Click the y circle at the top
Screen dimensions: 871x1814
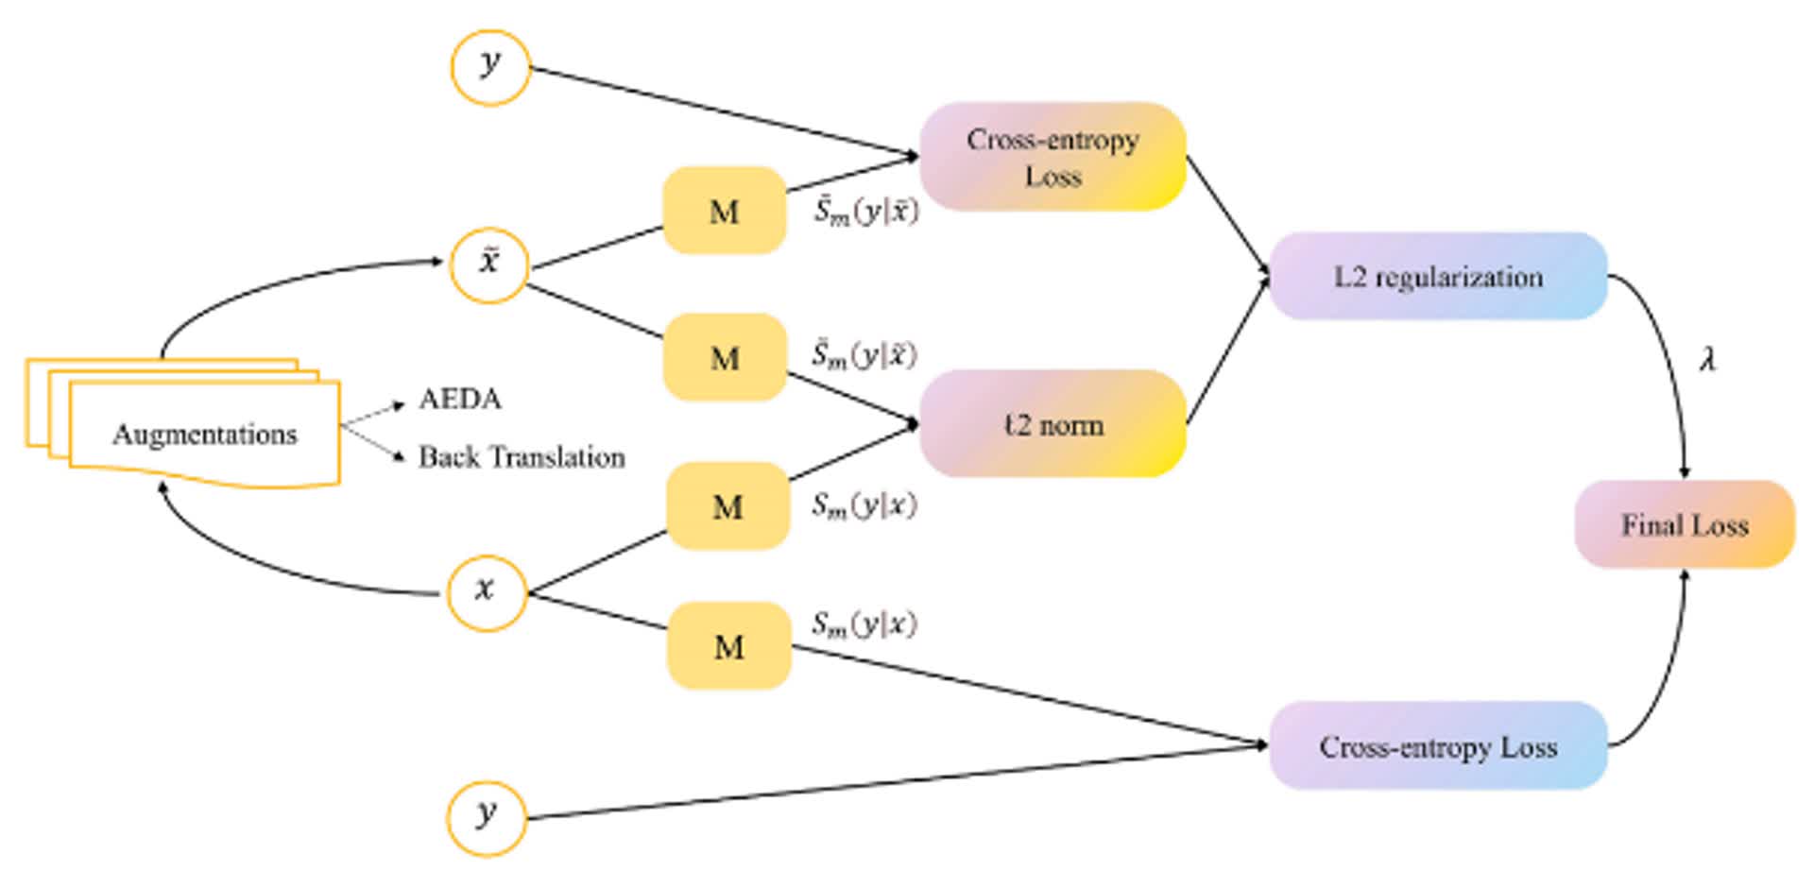[x=490, y=67]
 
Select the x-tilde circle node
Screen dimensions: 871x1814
[x=488, y=264]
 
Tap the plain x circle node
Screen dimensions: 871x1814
[x=486, y=591]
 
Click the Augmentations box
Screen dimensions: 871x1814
[x=204, y=434]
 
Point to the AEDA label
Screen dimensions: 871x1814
[x=460, y=399]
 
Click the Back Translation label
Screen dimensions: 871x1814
[x=522, y=457]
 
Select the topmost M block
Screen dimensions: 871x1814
[x=725, y=211]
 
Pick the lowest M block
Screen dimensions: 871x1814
[x=728, y=646]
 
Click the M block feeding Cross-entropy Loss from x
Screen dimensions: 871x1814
[x=728, y=646]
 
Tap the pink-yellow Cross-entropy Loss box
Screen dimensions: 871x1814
[x=1052, y=157]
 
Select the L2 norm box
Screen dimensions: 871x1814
[x=1052, y=424]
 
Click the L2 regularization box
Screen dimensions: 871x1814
[x=1438, y=277]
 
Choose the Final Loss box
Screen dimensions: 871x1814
[x=1685, y=525]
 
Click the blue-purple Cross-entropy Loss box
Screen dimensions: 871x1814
[x=1438, y=746]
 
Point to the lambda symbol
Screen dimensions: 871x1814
[x=1707, y=359]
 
